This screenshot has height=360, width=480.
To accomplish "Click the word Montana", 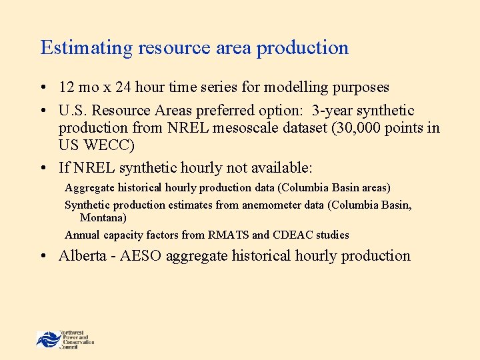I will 103,217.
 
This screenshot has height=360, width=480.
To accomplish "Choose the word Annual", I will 82,235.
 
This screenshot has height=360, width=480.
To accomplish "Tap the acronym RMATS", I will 227,235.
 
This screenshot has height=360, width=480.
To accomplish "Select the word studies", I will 334,235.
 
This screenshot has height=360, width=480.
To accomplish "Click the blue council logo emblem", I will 48,339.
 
